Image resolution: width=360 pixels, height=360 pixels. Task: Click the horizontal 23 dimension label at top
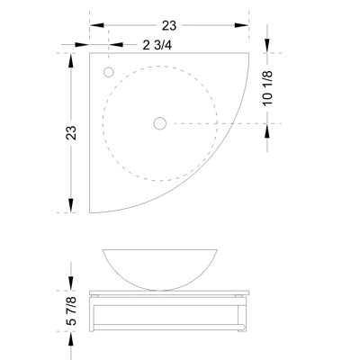169,26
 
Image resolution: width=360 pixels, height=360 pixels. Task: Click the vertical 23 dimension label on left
71,132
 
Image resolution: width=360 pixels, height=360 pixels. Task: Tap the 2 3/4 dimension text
157,45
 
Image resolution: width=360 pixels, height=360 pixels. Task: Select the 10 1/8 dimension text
267,88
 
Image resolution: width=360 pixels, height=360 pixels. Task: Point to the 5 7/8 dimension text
71,310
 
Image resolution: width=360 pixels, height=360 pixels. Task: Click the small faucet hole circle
108,72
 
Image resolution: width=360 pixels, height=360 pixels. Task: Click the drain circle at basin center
160,123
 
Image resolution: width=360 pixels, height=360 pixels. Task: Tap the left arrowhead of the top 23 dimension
96,25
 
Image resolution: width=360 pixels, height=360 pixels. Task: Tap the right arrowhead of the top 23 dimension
242,25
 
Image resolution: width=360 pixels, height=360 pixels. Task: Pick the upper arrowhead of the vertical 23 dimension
71,60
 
